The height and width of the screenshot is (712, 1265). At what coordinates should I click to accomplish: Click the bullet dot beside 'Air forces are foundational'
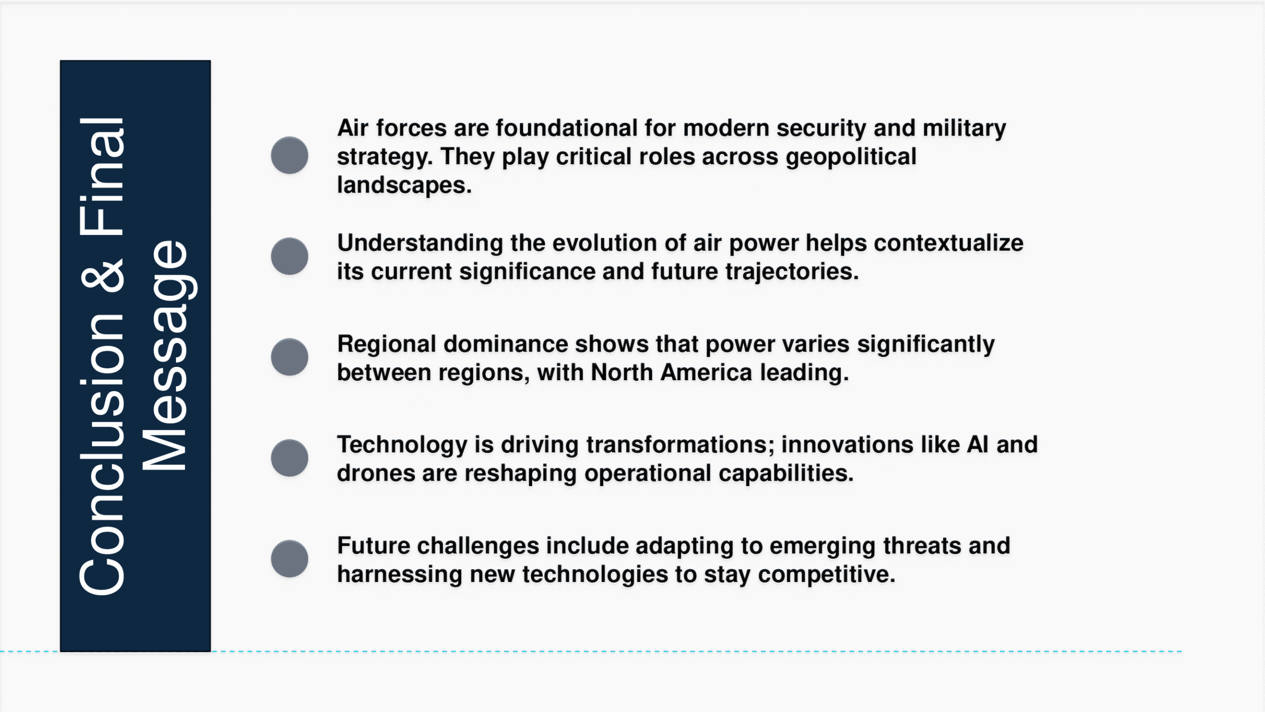point(290,155)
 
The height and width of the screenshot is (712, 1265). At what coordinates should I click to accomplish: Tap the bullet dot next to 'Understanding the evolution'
point(290,256)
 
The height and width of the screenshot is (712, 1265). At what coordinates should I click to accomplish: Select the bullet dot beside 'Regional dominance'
point(290,357)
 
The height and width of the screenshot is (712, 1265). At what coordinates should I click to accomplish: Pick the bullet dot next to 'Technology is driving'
point(290,458)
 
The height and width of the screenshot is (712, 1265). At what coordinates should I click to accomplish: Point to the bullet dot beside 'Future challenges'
point(290,559)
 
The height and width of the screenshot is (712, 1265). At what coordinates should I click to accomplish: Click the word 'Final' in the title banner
point(102,176)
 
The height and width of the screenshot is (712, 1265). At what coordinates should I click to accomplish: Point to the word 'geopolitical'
point(851,157)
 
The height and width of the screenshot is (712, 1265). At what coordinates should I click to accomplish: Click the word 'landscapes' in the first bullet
point(401,185)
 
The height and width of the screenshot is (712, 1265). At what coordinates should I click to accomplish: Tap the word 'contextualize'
point(948,243)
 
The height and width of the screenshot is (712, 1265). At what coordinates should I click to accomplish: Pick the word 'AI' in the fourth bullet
point(978,445)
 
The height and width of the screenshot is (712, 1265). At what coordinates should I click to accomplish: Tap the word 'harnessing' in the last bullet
point(399,575)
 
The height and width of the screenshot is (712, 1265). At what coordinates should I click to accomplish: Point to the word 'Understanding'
point(420,244)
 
